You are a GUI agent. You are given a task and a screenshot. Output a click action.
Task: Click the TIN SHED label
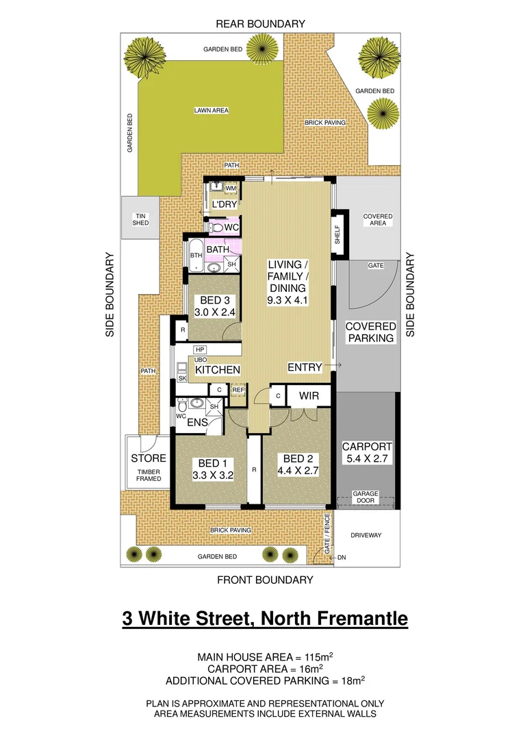tap(140, 219)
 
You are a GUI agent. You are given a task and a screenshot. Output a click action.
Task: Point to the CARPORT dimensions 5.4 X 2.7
tap(366, 459)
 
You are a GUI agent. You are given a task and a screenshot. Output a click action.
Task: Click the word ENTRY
tap(305, 368)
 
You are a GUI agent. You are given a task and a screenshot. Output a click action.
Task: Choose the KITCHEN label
tap(218, 370)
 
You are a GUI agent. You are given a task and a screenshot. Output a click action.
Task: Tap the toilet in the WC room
tap(217, 227)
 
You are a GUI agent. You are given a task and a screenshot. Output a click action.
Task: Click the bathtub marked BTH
tap(196, 256)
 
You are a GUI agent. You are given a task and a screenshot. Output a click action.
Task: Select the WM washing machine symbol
tap(231, 188)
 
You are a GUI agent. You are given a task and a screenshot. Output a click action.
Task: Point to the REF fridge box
tap(238, 390)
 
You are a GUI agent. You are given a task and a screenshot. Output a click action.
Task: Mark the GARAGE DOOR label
tap(366, 497)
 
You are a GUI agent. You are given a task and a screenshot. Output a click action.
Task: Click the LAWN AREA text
tap(211, 110)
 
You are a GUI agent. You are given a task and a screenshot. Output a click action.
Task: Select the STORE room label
tap(149, 458)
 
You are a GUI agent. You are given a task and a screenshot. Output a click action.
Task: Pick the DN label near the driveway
tap(342, 558)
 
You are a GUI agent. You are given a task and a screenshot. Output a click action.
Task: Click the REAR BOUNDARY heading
tap(260, 24)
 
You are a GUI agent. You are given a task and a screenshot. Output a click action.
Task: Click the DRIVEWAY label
tap(366, 535)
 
